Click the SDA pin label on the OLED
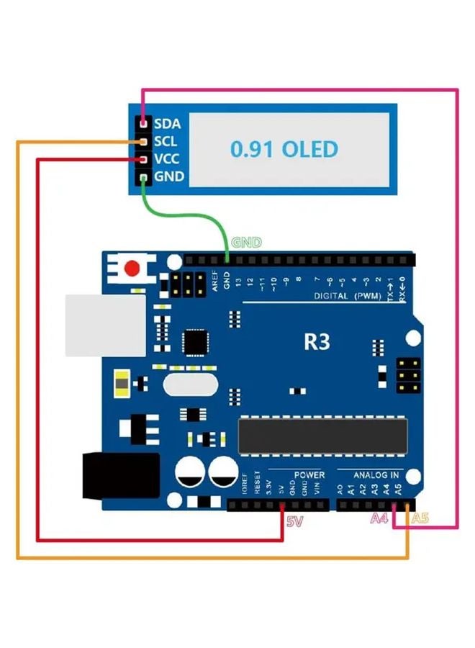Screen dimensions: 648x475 tap(168, 125)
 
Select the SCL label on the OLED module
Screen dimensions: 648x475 tap(167, 142)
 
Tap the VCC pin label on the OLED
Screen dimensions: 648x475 tap(168, 159)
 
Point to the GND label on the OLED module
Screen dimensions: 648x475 tap(168, 176)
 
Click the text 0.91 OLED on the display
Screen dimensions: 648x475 tap(284, 149)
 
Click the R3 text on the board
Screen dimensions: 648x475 tap(316, 341)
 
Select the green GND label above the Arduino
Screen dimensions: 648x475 tap(246, 243)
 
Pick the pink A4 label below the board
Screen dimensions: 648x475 tap(380, 518)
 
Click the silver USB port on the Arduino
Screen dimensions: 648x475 tap(89, 325)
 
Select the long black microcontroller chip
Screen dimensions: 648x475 tap(322, 436)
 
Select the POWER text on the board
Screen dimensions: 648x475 tap(309, 475)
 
